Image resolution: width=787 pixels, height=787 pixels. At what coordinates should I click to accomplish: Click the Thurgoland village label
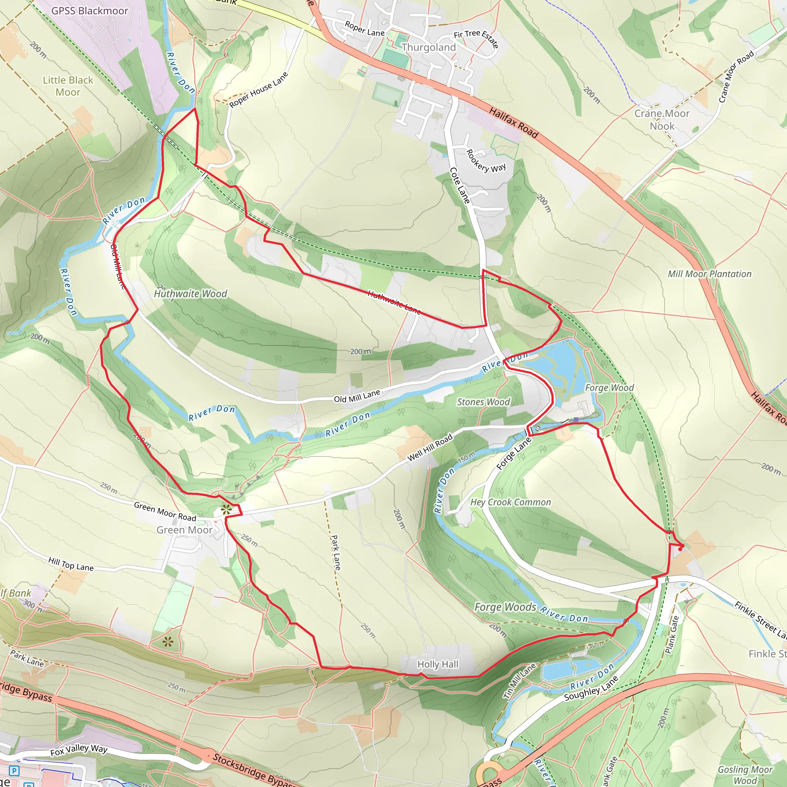[428, 47]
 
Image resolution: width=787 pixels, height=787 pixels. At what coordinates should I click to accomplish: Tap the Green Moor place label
[184, 530]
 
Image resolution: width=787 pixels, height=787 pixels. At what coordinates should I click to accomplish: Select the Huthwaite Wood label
[190, 294]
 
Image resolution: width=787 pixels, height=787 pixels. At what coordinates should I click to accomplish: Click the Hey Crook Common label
[510, 502]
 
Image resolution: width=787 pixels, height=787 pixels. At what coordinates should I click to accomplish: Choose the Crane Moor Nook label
[662, 120]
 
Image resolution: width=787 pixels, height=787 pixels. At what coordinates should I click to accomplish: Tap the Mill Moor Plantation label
[709, 274]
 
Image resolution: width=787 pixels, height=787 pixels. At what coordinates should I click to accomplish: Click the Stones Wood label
[483, 402]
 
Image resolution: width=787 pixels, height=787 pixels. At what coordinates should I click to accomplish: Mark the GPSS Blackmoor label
[90, 11]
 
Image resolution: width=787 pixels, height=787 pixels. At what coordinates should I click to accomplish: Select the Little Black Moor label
[68, 86]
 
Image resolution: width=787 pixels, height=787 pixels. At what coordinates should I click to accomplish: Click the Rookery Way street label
[486, 161]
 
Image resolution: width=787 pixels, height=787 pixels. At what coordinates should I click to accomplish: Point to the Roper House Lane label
[258, 90]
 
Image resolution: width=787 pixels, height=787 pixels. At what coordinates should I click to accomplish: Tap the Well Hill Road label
[430, 447]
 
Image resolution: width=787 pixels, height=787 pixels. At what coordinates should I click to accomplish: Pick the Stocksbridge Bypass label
[252, 770]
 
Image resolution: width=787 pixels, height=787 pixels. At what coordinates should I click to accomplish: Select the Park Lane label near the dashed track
[335, 552]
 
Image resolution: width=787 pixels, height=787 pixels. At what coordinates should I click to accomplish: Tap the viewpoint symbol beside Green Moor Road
[226, 509]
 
